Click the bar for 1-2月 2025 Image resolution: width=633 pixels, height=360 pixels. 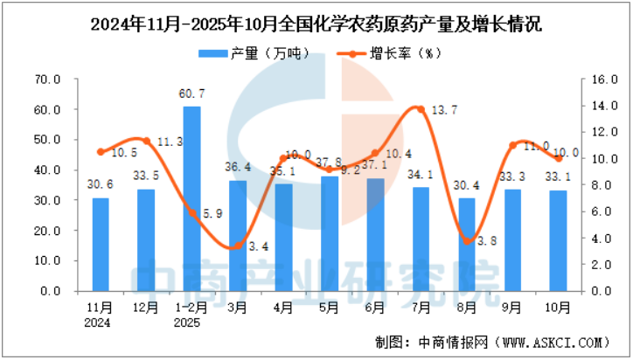click(x=191, y=198)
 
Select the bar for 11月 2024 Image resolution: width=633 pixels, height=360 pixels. click(x=101, y=245)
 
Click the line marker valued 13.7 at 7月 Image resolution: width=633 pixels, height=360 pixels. click(x=421, y=109)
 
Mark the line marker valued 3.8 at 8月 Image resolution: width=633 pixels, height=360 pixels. click(x=467, y=241)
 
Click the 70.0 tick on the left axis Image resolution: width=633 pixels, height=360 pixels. click(x=46, y=80)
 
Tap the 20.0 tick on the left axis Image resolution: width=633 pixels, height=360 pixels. click(x=46, y=231)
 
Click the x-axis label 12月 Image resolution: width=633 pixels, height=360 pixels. click(x=146, y=308)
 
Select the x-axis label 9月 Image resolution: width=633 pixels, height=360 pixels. click(x=512, y=308)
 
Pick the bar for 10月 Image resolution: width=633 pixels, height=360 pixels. click(x=558, y=240)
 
